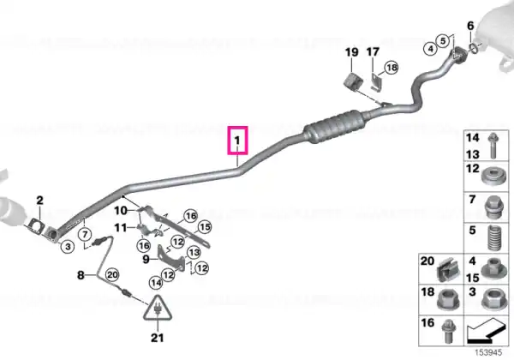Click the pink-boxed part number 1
click(x=237, y=141)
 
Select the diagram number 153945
click(x=488, y=352)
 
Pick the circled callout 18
click(x=391, y=68)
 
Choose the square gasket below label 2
click(x=36, y=226)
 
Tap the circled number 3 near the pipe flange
click(x=68, y=246)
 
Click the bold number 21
click(x=157, y=338)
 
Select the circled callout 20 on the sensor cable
click(x=112, y=274)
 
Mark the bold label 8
click(x=81, y=275)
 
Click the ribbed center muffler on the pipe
click(x=336, y=126)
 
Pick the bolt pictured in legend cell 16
click(x=447, y=331)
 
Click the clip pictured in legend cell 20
click(x=448, y=270)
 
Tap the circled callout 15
click(x=205, y=227)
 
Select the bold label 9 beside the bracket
click(x=146, y=260)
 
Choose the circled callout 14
click(x=156, y=283)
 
